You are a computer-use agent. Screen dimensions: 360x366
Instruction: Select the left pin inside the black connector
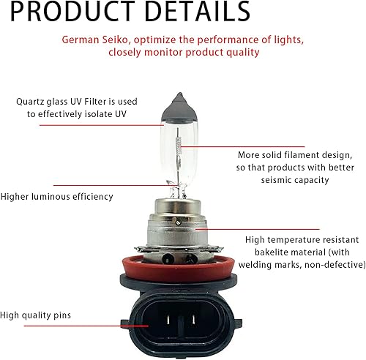pos(165,323)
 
